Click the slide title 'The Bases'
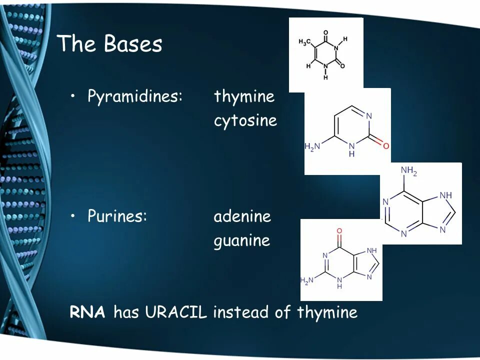[x=110, y=44]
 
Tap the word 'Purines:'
[x=117, y=216]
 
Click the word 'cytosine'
[x=245, y=121]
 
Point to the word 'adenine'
[x=242, y=216]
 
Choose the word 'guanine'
[x=241, y=241]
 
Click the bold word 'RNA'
[x=87, y=312]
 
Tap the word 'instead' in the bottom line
[x=241, y=312]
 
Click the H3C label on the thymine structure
[x=304, y=42]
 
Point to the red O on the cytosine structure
[x=385, y=145]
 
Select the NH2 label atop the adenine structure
[x=408, y=171]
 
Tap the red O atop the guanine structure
[x=339, y=231]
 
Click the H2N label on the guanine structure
[x=307, y=280]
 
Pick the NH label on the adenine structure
[x=446, y=195]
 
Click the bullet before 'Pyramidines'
[x=73, y=96]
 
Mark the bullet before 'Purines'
[x=73, y=216]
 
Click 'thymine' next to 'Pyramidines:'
[x=244, y=96]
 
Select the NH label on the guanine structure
[x=371, y=250]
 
